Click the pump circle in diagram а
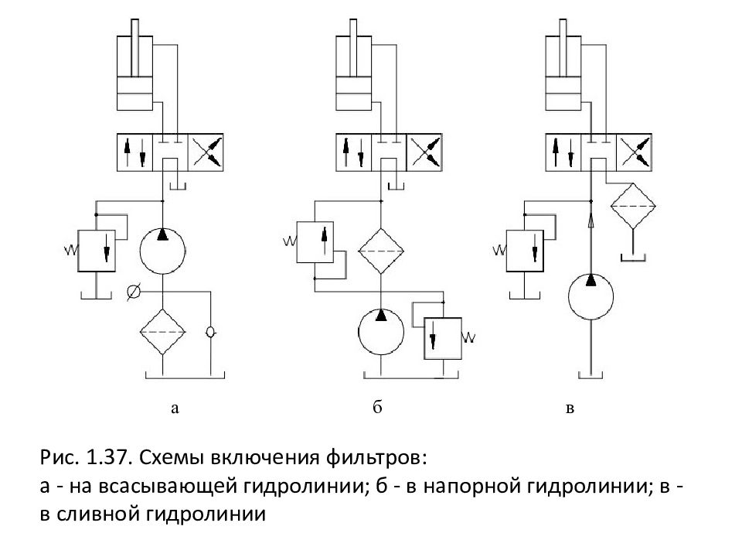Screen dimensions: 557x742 (x=163, y=250)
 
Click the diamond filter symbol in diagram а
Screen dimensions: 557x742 (x=163, y=331)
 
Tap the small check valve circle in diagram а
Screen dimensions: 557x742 (x=210, y=332)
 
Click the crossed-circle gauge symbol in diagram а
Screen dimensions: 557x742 (x=133, y=292)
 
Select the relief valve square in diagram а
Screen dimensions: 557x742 (x=96, y=248)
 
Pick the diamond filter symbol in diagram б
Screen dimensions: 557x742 (x=381, y=251)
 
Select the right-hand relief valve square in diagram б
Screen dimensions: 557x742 (x=442, y=337)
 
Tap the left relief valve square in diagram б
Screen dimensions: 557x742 (x=315, y=242)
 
